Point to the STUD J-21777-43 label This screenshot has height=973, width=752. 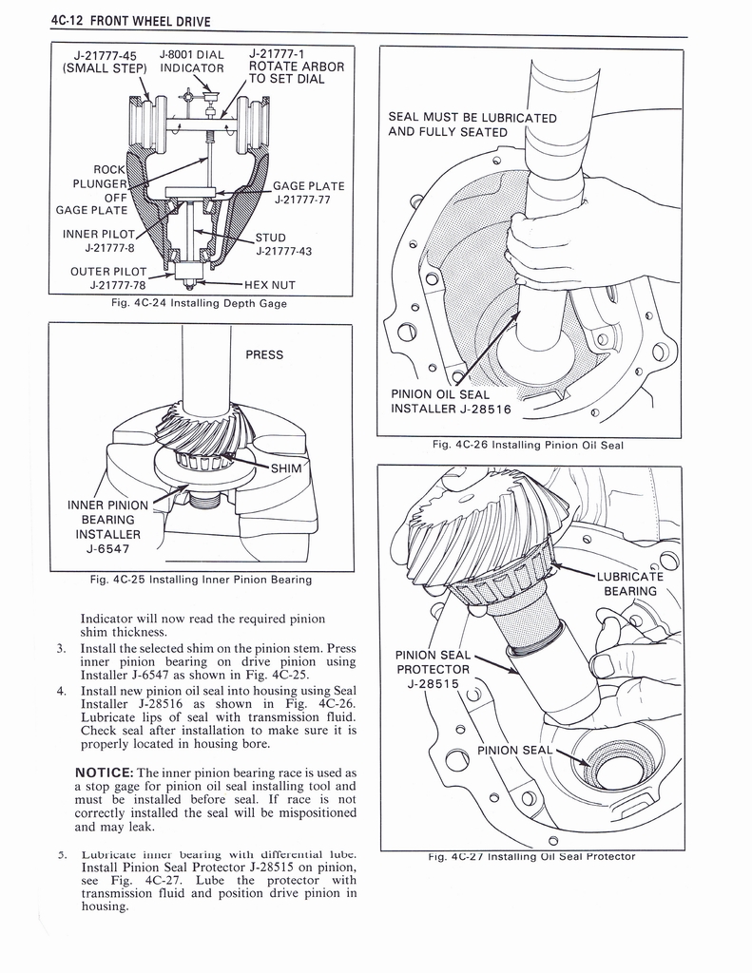pyautogui.click(x=283, y=245)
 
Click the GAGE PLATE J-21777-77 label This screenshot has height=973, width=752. pyautogui.click(x=308, y=193)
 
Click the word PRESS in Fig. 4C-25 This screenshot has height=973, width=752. pyautogui.click(x=264, y=355)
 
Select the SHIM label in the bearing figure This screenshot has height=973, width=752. pyautogui.click(x=288, y=468)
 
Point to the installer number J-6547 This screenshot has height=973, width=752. pyautogui.click(x=107, y=548)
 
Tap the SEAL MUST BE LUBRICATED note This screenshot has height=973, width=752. pyautogui.click(x=472, y=124)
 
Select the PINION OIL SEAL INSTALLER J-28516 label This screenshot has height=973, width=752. pyautogui.click(x=451, y=402)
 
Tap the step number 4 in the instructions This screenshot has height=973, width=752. pyautogui.click(x=60, y=691)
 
